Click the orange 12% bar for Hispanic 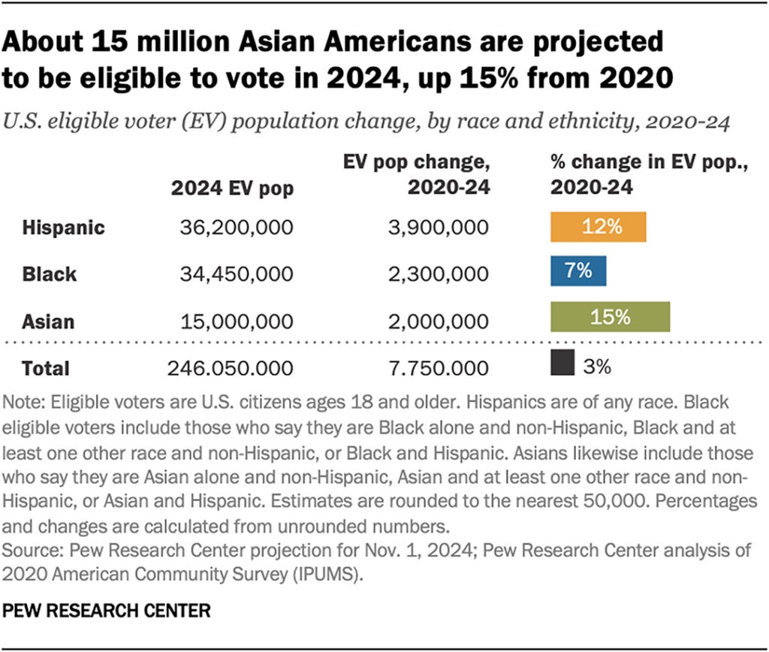coord(598,227)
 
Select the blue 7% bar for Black coord(578,271)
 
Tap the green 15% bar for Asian coord(610,317)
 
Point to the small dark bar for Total coord(562,363)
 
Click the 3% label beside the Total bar coord(597,367)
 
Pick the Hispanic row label coord(63,228)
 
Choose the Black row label coord(49,273)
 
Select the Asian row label coord(48,321)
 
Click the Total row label coord(46,368)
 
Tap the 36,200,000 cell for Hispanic coord(237,228)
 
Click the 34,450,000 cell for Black coord(237,273)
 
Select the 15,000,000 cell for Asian coord(237,321)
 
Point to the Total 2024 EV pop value coord(231,368)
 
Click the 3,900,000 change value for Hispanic coord(439,228)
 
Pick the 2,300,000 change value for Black coord(439,273)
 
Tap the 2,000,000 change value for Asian coord(439,321)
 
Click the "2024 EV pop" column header coord(232,189)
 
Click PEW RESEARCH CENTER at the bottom coord(107,611)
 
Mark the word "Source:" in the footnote coord(33,550)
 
